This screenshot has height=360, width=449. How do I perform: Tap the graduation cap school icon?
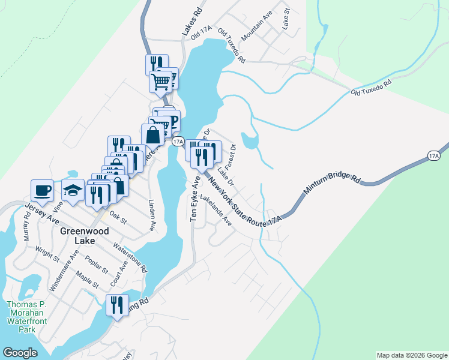click(73, 190)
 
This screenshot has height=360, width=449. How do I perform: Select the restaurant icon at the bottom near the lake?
click(116, 305)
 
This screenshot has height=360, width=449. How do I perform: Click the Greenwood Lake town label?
click(76, 235)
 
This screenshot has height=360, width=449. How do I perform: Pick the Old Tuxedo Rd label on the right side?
click(371, 87)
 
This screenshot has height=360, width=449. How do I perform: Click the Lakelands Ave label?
click(216, 210)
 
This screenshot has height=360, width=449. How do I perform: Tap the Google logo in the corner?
click(20, 352)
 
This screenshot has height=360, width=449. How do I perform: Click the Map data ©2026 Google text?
click(411, 355)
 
